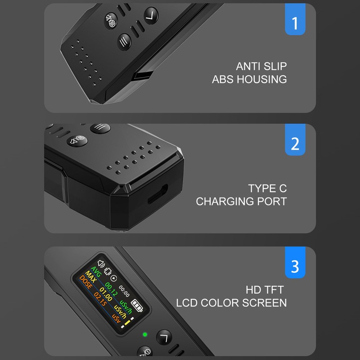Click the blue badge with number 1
point(295,19)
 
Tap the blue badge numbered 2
point(295,139)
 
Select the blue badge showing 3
point(295,262)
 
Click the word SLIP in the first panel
point(275,66)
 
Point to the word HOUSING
point(262,79)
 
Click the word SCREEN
point(265,303)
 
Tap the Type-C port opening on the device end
point(157,194)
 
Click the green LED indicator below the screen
point(145,334)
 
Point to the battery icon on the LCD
point(137,306)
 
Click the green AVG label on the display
point(96,272)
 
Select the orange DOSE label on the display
point(85,282)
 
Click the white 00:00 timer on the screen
point(124,291)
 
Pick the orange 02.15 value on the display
point(100,299)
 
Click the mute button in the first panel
point(111,21)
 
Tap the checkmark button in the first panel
point(151,16)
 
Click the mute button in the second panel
point(77,140)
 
